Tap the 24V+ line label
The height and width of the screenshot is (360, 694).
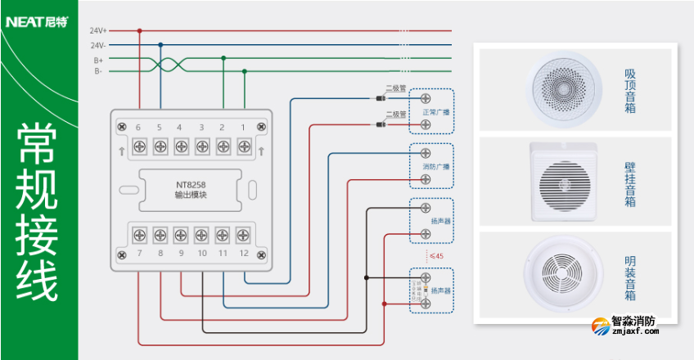[x=98, y=30]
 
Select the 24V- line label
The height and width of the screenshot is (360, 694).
[x=98, y=45]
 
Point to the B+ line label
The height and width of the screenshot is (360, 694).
[x=98, y=60]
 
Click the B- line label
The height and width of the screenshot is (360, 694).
[x=98, y=71]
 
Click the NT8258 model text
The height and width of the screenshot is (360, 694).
[x=191, y=185]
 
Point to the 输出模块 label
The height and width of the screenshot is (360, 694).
[x=191, y=196]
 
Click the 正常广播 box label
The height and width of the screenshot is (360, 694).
[x=435, y=111]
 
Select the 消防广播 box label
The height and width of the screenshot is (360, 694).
[x=435, y=167]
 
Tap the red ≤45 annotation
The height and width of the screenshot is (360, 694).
[x=436, y=257]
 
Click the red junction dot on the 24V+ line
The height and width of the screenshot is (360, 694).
[x=139, y=30]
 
